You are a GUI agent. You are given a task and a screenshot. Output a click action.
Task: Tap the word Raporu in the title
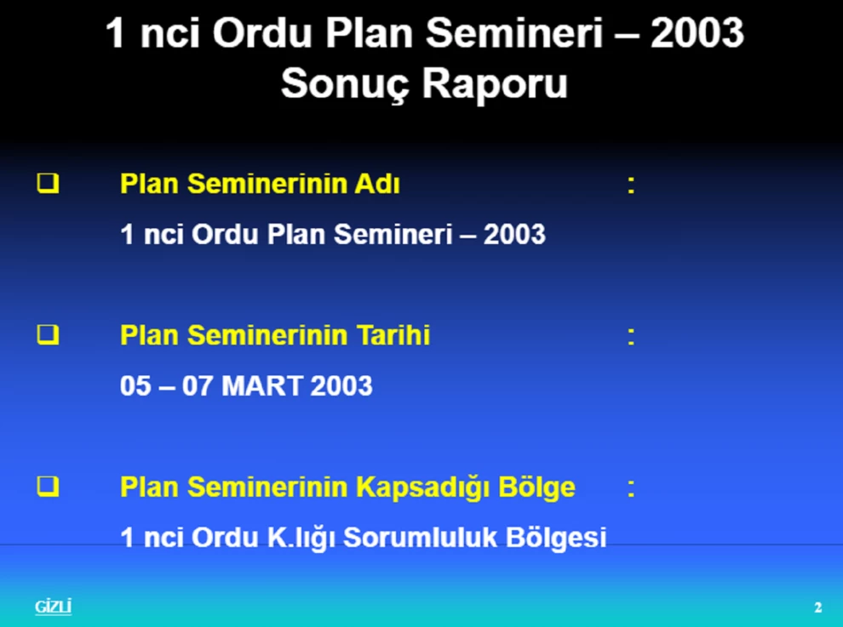click(x=495, y=85)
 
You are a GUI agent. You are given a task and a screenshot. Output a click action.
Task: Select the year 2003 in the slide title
click(x=697, y=33)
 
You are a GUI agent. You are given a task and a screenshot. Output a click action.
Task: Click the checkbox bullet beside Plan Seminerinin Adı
click(x=48, y=183)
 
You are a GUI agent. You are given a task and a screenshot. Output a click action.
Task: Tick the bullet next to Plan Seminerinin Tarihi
click(x=48, y=334)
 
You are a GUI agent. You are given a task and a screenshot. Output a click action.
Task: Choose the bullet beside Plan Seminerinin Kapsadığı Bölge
click(x=48, y=487)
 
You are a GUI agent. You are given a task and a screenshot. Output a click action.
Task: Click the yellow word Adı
click(x=377, y=184)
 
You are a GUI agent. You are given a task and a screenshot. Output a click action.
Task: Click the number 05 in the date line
click(x=135, y=385)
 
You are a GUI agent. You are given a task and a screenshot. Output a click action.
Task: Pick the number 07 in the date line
click(x=198, y=385)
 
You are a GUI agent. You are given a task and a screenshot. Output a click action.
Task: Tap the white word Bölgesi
click(x=556, y=539)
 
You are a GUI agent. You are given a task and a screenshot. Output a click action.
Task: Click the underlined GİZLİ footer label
click(x=54, y=607)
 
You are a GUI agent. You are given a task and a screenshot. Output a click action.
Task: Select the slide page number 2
click(x=817, y=607)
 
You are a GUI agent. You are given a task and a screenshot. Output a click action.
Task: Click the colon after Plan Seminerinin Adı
click(x=631, y=186)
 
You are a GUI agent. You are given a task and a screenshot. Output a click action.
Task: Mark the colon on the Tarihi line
click(x=631, y=338)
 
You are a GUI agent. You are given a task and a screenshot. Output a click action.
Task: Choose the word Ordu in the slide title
click(x=262, y=33)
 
